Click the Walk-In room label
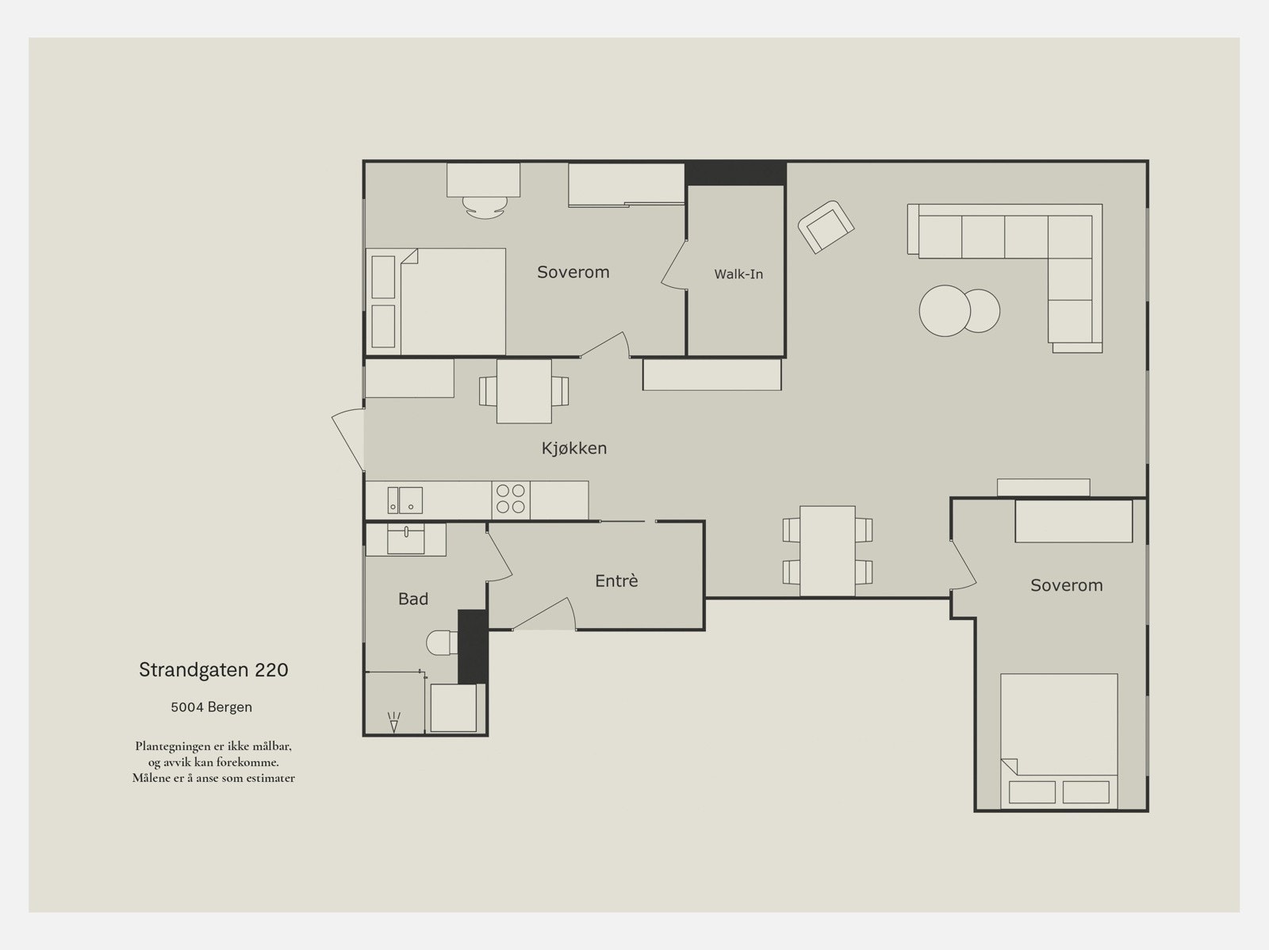738,274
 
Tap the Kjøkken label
574,448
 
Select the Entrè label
616,580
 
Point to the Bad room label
412,599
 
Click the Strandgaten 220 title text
213,670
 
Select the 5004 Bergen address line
212,707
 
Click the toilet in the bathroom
443,642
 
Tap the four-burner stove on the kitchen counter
511,500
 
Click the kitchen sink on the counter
404,500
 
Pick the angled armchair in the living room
826,227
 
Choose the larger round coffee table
945,311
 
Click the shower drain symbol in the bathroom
393,722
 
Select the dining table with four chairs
827,551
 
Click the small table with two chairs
523,391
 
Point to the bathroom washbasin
406,539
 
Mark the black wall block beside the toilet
473,646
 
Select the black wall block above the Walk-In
735,174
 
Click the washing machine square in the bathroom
454,708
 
